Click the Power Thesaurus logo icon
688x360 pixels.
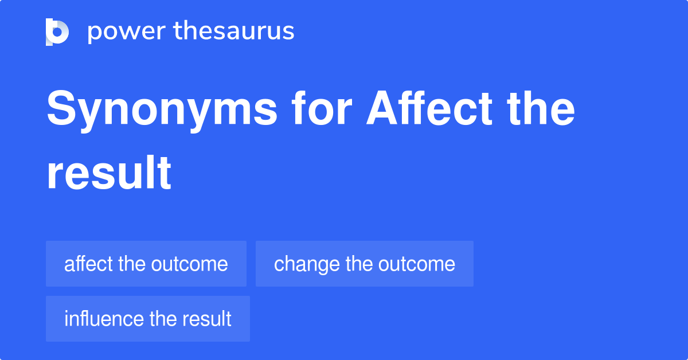(57, 32)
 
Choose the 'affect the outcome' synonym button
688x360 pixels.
(146, 264)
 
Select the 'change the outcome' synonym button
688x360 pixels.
(365, 264)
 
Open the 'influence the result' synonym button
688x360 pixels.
(148, 319)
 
